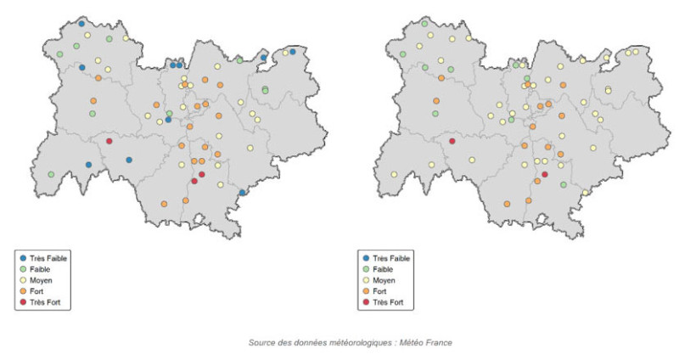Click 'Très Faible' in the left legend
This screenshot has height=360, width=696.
[x=48, y=257]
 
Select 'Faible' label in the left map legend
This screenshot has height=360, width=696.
[x=41, y=268]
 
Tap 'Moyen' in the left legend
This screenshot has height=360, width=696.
[x=41, y=279]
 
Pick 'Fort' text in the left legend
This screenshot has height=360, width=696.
[x=37, y=291]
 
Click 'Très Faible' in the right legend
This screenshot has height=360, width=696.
[x=391, y=257]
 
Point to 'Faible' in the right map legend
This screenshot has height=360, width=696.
[x=384, y=268]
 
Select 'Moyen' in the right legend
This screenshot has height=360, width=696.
[x=384, y=279]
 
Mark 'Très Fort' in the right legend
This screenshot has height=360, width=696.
[x=388, y=302]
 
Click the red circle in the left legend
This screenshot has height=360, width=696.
[x=22, y=302]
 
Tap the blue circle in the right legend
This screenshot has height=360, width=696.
[x=365, y=257]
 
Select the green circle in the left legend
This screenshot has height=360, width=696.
[x=22, y=268]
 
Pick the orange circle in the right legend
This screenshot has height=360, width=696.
[x=365, y=291]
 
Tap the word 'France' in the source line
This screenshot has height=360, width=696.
[x=439, y=343]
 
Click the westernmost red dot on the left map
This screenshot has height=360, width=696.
[x=109, y=141]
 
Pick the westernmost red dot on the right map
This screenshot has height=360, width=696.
[x=452, y=141]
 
